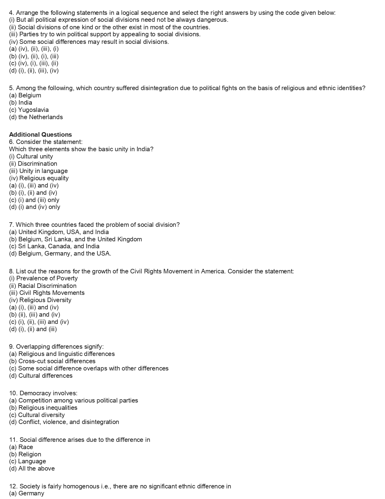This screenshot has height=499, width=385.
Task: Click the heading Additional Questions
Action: [40, 135]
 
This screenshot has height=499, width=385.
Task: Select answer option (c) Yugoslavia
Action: [29, 110]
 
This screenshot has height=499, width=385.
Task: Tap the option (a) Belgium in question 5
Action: [25, 95]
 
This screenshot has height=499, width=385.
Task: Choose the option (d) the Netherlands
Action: [36, 117]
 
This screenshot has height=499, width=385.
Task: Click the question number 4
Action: [11, 13]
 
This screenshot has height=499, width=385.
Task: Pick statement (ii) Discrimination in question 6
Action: [33, 164]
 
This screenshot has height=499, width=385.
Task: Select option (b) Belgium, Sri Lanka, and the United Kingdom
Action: [75, 239]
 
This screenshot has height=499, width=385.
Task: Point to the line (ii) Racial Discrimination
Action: [43, 286]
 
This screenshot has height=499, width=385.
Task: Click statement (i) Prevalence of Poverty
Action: [43, 278]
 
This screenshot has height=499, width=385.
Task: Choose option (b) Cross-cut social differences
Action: [52, 361]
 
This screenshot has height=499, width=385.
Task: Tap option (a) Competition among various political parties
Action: [73, 400]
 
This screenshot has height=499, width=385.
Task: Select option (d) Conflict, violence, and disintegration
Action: [64, 422]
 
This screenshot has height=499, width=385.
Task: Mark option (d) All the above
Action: [32, 468]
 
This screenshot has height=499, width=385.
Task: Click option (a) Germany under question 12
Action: [27, 493]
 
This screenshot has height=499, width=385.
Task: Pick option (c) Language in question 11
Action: [27, 461]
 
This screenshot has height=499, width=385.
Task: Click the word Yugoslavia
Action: [33, 110]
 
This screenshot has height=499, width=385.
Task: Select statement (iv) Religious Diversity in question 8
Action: [40, 300]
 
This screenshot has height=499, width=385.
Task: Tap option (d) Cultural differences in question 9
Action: [41, 376]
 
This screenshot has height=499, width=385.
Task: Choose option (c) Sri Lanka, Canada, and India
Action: [54, 246]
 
